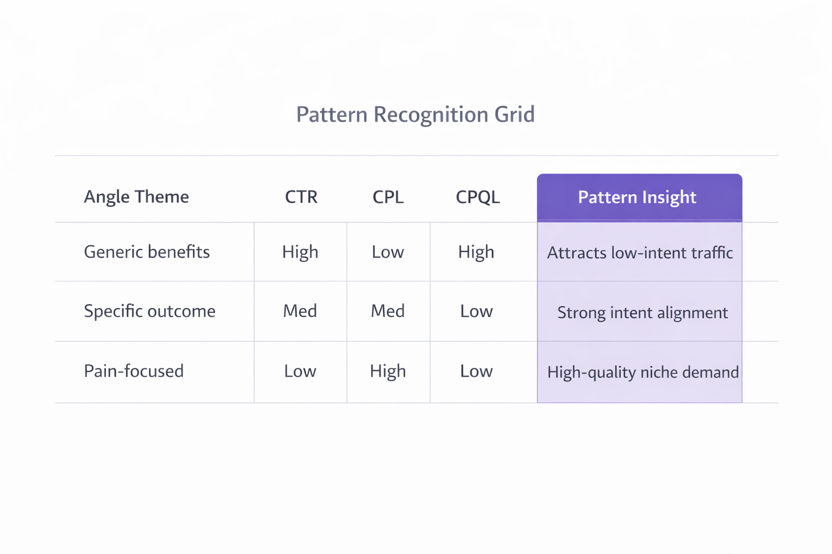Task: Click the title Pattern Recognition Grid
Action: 415,115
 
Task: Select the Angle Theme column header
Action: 136,196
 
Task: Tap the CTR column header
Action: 301,197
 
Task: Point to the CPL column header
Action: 388,197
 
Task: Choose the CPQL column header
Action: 478,197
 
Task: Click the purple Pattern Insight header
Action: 637,197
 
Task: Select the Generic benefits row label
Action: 147,252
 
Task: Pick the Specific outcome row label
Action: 149,311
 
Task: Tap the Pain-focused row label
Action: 134,371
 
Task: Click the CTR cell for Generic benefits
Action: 300,252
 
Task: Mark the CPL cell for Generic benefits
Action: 388,252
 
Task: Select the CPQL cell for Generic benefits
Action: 476,252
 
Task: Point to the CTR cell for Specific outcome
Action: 300,311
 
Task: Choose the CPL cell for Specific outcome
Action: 388,311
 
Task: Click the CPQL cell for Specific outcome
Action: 476,311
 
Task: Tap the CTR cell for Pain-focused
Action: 300,371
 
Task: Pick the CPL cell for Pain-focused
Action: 388,371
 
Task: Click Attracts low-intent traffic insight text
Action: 640,253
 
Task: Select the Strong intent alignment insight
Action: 642,313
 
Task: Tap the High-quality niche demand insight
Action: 642,372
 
